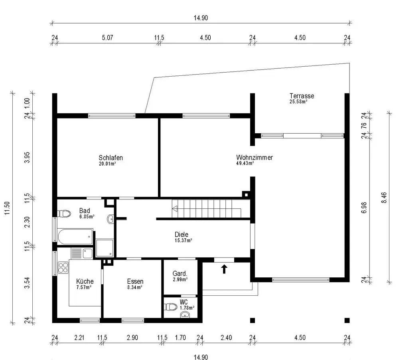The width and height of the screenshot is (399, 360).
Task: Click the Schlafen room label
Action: [111, 158]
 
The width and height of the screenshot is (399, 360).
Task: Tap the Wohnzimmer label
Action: [254, 158]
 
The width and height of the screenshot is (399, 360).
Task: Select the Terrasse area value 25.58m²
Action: [298, 102]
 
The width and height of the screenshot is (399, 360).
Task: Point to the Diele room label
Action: [181, 235]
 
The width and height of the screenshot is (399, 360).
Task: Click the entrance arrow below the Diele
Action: [224, 269]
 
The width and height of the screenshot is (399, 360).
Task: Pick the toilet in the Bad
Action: [63, 214]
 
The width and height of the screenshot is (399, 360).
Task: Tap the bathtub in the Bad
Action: [75, 236]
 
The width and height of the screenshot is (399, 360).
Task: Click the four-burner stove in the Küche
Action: [63, 267]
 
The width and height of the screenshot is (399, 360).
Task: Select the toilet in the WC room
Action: [171, 307]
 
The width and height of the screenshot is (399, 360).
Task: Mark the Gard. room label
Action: [180, 274]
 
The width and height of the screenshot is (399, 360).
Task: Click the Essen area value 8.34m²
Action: [135, 287]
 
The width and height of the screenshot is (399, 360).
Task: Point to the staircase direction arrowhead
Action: [174, 208]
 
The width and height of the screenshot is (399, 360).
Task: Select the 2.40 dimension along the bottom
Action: [226, 338]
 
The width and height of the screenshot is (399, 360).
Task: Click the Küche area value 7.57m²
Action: [84, 287]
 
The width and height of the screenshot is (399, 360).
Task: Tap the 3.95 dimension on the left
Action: [27, 158]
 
